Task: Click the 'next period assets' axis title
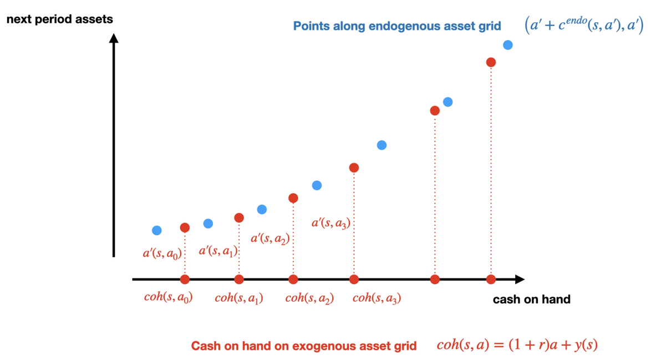(x=59, y=19)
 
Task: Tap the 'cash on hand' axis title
(x=531, y=300)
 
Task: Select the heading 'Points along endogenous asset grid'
(x=397, y=26)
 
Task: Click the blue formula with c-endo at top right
(x=584, y=25)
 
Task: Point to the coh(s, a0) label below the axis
(x=168, y=297)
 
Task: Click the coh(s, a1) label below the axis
(x=239, y=298)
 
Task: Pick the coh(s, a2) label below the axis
(x=309, y=298)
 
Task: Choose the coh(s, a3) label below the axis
(x=377, y=298)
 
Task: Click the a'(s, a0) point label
(x=162, y=254)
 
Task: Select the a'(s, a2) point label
(x=270, y=239)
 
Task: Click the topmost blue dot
(x=507, y=45)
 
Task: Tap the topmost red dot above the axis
(x=491, y=62)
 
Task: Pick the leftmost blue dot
(x=157, y=230)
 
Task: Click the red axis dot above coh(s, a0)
(x=185, y=280)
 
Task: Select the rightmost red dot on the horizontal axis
(x=491, y=280)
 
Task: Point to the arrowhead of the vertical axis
(x=114, y=38)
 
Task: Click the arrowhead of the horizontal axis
(x=519, y=280)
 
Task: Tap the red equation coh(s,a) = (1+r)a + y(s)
(x=517, y=345)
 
